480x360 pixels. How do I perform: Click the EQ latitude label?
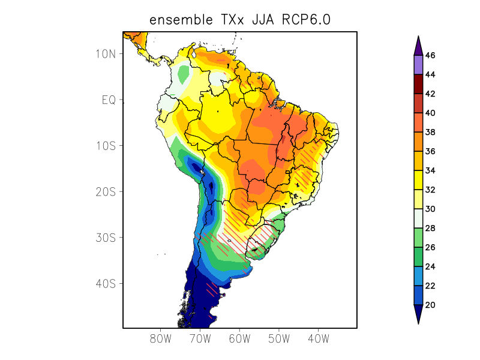pos(109,100)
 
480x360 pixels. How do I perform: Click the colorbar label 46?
pos(430,55)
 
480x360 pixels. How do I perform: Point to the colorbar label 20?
pos(430,305)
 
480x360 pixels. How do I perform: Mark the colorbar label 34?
pos(430,170)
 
